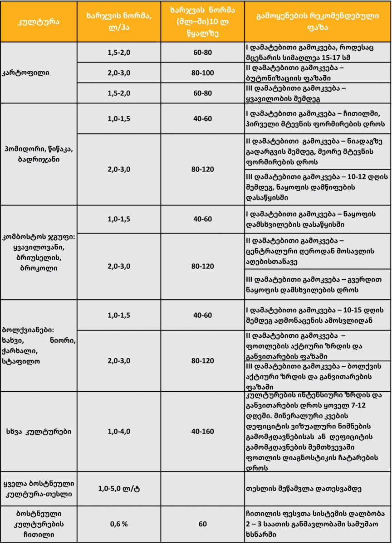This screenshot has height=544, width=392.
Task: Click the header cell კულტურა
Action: [x=39, y=22]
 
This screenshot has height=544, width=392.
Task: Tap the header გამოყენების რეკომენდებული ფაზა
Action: [x=318, y=21]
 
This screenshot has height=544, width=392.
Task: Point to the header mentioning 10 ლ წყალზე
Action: [x=202, y=21]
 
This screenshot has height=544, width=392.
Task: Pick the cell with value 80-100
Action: [x=202, y=73]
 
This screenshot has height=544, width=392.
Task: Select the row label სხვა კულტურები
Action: [x=39, y=431]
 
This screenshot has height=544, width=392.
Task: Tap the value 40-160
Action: [x=202, y=431]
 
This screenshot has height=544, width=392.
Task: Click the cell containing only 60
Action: [x=202, y=524]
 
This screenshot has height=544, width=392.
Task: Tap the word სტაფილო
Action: [x=22, y=361]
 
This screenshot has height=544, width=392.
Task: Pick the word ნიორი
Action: [x=64, y=340]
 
